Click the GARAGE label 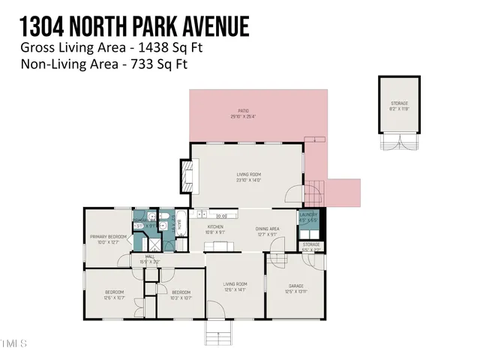click(x=297, y=286)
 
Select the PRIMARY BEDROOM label click(x=105, y=239)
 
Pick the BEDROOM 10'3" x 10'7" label click(x=181, y=295)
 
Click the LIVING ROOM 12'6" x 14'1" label click(x=235, y=286)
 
